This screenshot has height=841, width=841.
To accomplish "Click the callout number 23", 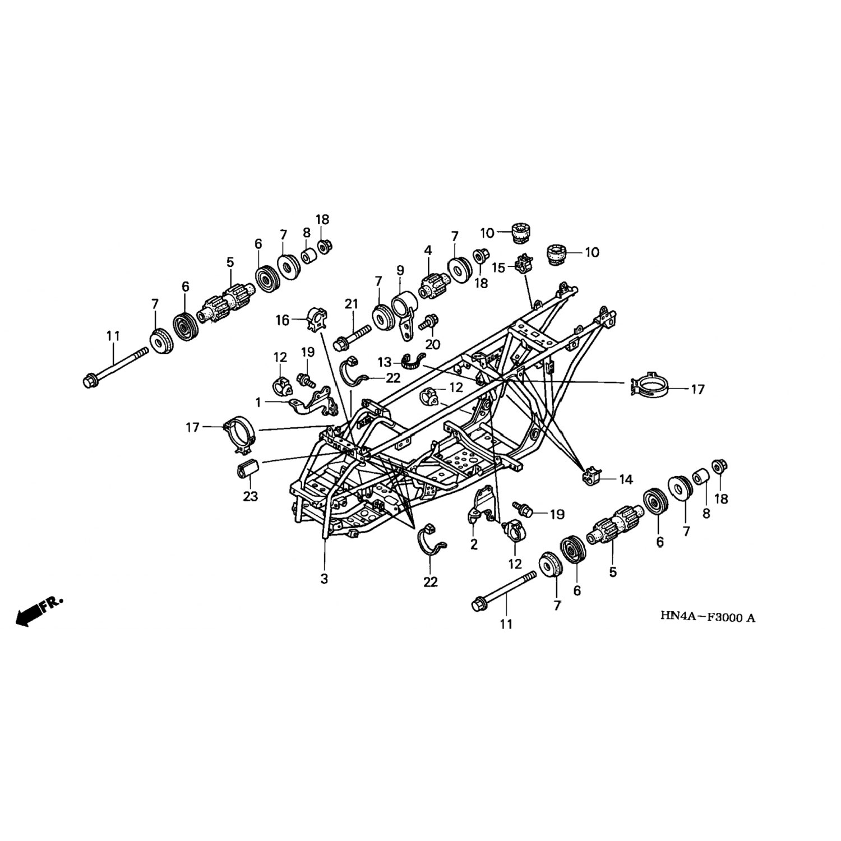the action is pos(250,496).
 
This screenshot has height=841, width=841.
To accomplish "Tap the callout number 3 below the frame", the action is pos(324,579).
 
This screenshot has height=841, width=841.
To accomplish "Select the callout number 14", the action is pos(626,479).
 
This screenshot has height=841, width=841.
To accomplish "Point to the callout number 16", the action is pos(282,320).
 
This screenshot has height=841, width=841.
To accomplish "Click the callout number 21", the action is pos(351,304).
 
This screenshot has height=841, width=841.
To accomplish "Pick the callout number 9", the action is pos(400,271).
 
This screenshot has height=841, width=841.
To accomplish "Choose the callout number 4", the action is pos(428,251).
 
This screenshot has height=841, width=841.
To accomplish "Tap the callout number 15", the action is pos(498,269).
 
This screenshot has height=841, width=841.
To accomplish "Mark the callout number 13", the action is pos(384,363).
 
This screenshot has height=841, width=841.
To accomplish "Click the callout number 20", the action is pos(433,344).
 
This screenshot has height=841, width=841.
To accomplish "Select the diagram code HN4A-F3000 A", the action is pos(708,618).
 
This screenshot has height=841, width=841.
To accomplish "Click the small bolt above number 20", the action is pos(431,322).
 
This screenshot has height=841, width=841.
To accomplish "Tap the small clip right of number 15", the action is pos(522,263).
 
